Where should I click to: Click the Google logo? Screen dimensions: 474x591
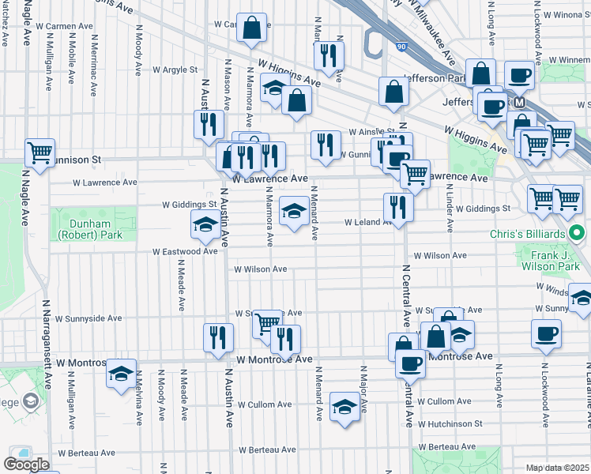[x=26, y=464]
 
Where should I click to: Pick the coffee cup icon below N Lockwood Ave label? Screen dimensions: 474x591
[x=547, y=333]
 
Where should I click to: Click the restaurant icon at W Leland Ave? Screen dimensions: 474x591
[x=397, y=207]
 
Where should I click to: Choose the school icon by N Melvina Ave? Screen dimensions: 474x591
[x=121, y=374]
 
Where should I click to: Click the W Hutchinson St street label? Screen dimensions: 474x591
[x=450, y=423]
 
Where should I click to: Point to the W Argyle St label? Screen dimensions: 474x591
[x=174, y=70]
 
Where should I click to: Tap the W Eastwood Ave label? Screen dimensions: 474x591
[x=184, y=251]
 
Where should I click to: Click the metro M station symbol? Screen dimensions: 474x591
[x=519, y=103]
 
